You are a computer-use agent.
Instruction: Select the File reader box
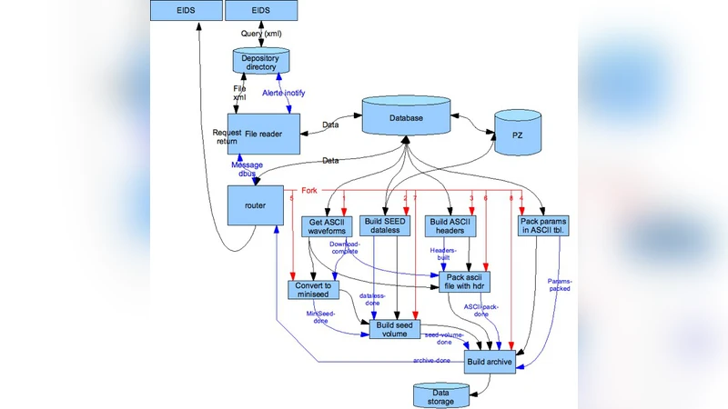click(x=263, y=134)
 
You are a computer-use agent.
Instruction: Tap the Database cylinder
click(x=407, y=118)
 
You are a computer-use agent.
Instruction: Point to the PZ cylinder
click(x=518, y=135)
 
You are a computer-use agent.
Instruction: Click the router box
click(x=256, y=205)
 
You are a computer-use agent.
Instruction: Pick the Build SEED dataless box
click(x=388, y=226)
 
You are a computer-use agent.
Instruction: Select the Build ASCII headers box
click(x=452, y=226)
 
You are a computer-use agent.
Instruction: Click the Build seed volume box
click(x=397, y=329)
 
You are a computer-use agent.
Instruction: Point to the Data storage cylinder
click(x=441, y=395)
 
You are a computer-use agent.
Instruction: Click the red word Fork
click(x=308, y=191)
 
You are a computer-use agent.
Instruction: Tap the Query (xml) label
click(x=261, y=34)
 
